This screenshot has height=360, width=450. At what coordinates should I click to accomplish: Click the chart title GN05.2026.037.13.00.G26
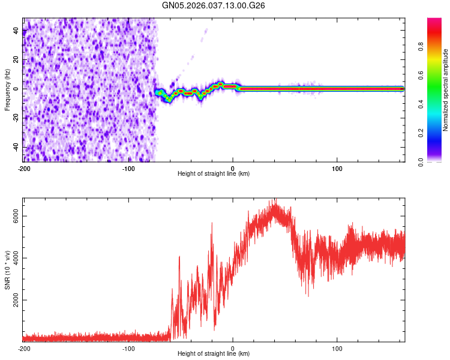coord(214,5)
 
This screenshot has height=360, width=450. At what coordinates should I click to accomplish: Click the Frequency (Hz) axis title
coord(7,90)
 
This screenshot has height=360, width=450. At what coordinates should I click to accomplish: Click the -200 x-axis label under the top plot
coord(24,168)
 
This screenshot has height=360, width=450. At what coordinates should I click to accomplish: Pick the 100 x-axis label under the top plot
coord(337,168)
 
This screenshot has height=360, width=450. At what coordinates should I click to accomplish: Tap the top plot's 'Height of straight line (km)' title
coord(214,174)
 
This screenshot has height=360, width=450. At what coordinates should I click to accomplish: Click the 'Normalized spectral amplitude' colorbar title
coord(446,90)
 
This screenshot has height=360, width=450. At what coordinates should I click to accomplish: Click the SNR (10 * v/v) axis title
coord(7,270)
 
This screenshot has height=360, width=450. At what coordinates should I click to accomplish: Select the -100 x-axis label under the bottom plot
coord(128,348)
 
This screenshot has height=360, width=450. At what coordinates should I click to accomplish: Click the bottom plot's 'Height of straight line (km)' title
coord(214,354)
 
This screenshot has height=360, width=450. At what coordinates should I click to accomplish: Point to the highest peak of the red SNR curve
coord(275,200)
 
